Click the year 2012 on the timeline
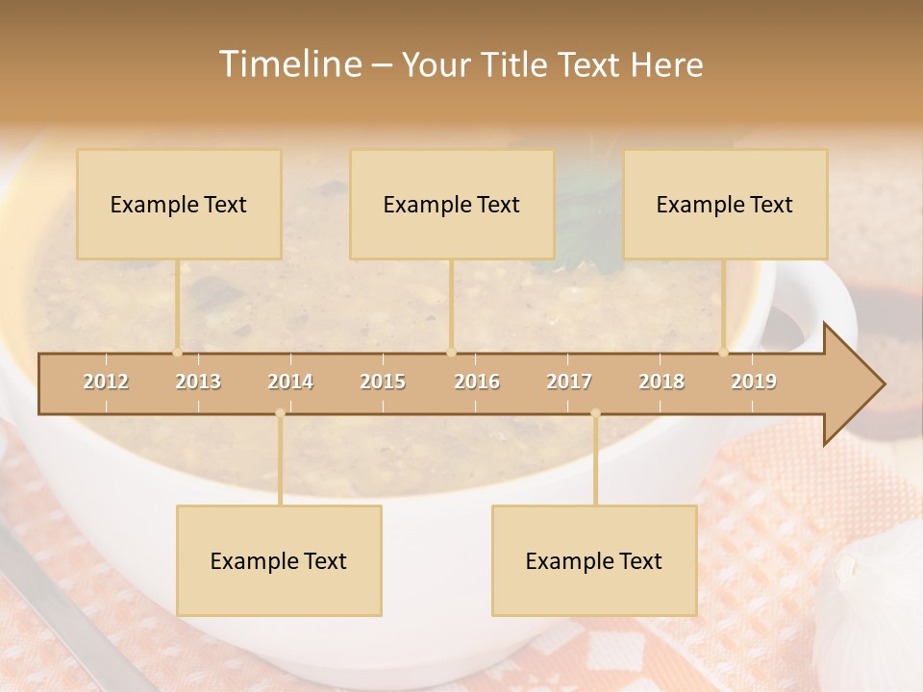[x=106, y=382]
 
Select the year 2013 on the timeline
[x=198, y=382]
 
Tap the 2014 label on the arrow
[x=290, y=382]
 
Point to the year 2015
[x=383, y=382]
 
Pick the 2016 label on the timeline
[x=477, y=382]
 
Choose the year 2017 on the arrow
[x=569, y=382]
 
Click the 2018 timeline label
[x=661, y=382]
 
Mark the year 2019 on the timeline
[x=754, y=382]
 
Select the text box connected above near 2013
[x=179, y=204]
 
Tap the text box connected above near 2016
[x=452, y=204]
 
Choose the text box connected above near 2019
[x=725, y=204]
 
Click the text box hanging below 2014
[x=279, y=560]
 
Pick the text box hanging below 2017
[x=594, y=560]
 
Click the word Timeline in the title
[x=289, y=64]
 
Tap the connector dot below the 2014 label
[x=280, y=413]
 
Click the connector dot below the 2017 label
[x=595, y=413]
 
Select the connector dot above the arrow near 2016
[x=451, y=352]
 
